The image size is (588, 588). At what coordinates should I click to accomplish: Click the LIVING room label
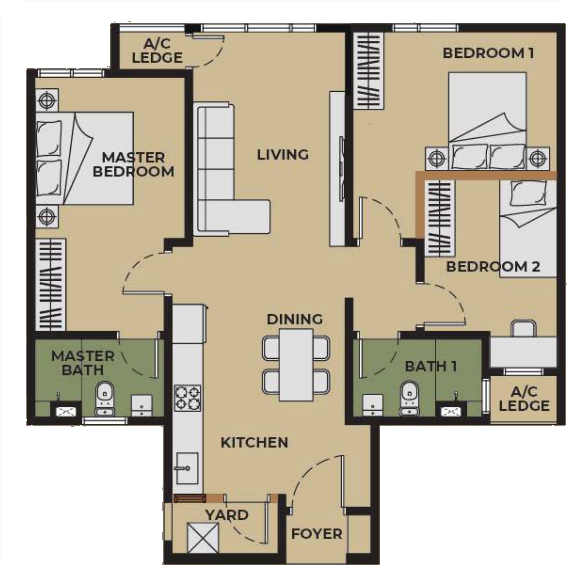(283, 155)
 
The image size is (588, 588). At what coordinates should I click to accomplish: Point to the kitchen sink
(187, 468)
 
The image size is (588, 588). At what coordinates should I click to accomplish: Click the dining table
(296, 365)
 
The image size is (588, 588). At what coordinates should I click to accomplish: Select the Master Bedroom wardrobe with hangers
(51, 285)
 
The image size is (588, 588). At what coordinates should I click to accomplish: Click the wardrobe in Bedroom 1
(369, 71)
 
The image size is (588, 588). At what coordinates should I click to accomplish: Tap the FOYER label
(316, 534)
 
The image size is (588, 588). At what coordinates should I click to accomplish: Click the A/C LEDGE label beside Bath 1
(524, 399)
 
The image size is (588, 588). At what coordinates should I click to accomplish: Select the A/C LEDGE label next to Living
(157, 51)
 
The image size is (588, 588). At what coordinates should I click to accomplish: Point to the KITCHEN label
(254, 442)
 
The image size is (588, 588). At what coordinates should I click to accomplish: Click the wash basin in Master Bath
(66, 411)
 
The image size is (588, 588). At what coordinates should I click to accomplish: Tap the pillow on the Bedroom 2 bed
(528, 193)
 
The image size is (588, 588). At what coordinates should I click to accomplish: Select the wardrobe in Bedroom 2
(440, 218)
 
